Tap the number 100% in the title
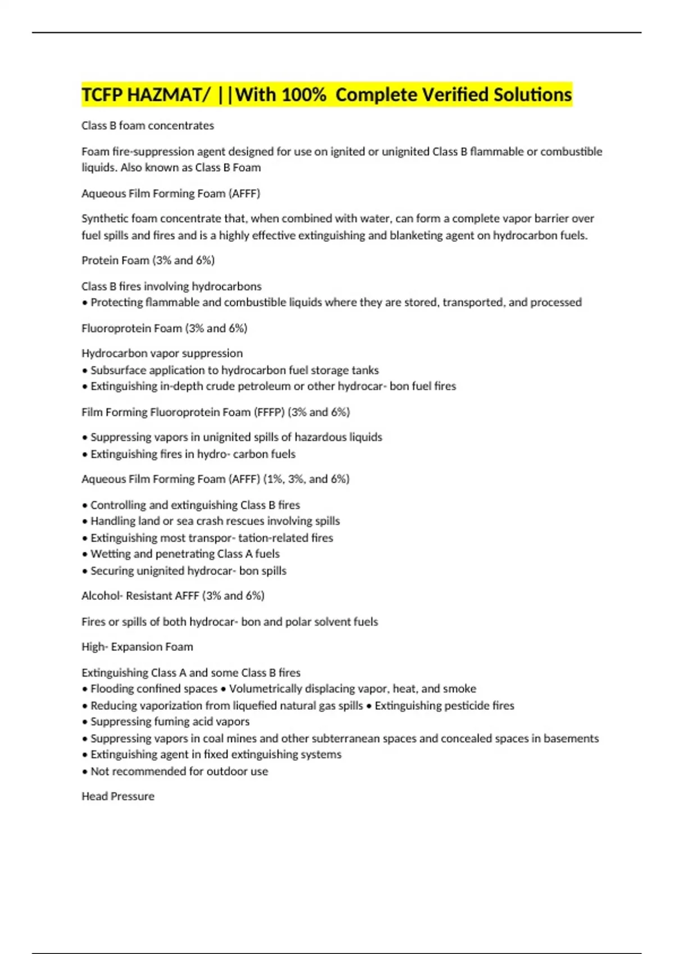click(303, 95)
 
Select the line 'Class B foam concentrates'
click(148, 126)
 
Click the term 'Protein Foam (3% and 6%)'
click(148, 260)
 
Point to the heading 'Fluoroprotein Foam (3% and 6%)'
click(164, 328)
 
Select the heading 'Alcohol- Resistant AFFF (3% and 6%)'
click(172, 596)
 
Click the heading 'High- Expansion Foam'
click(137, 647)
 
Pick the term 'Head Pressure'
click(118, 796)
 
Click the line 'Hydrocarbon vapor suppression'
click(162, 354)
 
